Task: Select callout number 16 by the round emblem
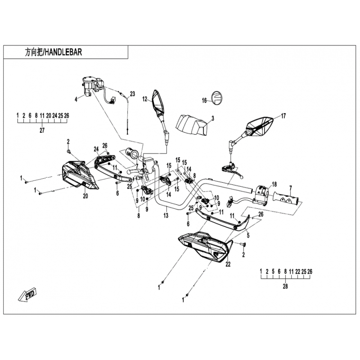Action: pos(204,100)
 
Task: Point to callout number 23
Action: pos(132,94)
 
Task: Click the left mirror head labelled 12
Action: pos(158,102)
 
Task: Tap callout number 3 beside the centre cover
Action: pos(213,118)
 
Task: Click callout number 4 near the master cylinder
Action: pos(76,99)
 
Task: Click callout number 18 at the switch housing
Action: pos(274,184)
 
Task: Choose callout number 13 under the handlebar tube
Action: pos(166,216)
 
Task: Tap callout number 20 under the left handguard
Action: pos(85,196)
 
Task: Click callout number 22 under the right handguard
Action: pos(228,264)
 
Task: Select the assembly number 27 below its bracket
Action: pos(42,130)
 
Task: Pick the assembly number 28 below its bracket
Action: pos(285,286)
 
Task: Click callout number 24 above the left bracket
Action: pos(96,149)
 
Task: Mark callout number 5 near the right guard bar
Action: pos(248,235)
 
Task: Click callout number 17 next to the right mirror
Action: pos(283,116)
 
